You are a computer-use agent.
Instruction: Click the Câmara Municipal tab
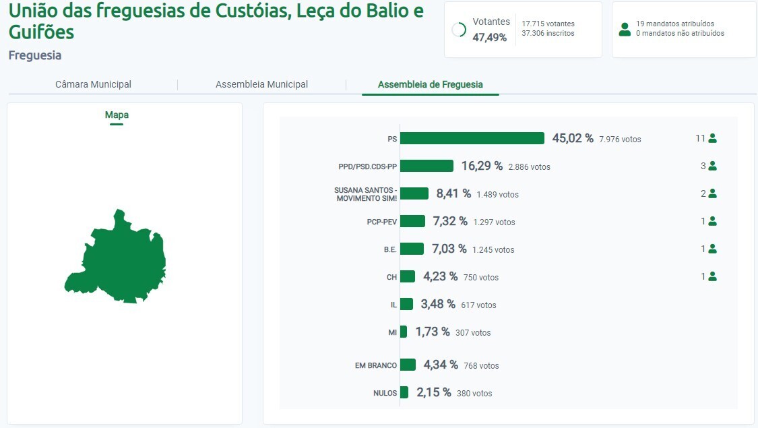[x=93, y=84]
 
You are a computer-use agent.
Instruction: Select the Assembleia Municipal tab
[x=261, y=84]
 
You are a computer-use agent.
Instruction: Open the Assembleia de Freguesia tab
[x=430, y=84]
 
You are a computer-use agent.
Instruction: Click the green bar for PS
[x=472, y=138]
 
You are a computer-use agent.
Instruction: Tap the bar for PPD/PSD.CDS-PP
[x=427, y=166]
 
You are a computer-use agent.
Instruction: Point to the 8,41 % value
[x=453, y=193]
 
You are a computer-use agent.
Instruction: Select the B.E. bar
[x=412, y=249]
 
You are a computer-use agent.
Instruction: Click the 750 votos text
[x=481, y=277]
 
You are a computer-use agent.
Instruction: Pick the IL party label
[x=393, y=305]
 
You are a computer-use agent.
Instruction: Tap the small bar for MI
[x=404, y=332]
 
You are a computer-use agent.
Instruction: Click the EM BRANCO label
[x=376, y=365]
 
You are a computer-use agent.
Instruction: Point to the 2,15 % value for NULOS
[x=433, y=392]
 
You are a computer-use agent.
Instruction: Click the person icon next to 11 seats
[x=712, y=138]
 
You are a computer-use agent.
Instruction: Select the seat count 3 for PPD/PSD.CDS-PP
[x=703, y=166]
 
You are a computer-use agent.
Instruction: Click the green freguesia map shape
[x=121, y=259]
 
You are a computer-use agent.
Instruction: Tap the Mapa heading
[x=117, y=115]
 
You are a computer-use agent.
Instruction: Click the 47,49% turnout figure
[x=489, y=38]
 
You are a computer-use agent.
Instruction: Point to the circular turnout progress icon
[x=459, y=30]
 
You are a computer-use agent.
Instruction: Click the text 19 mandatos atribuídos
[x=674, y=24]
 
